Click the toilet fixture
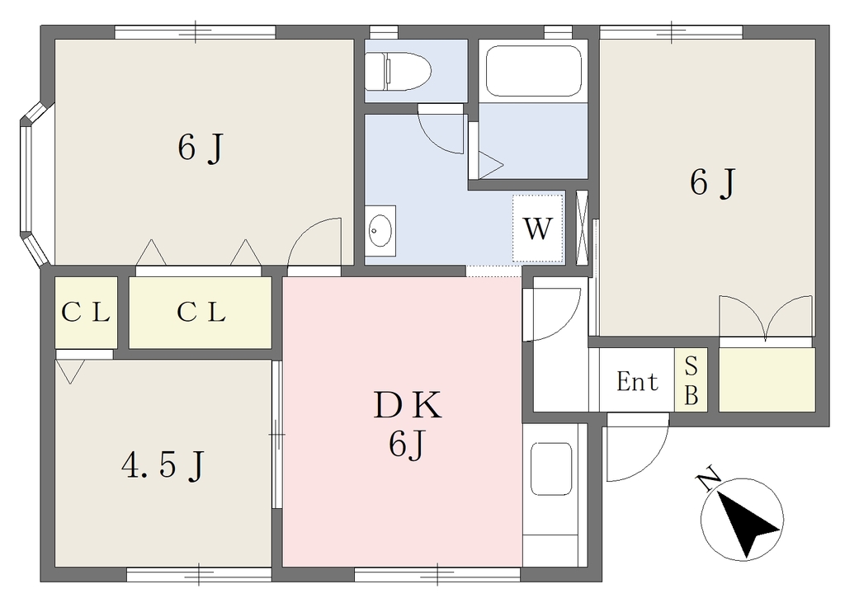[398, 71]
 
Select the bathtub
[534, 71]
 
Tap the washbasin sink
[380, 231]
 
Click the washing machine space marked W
[538, 228]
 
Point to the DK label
[408, 406]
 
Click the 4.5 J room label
[163, 465]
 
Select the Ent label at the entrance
[637, 382]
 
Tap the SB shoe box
[691, 380]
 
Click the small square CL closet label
[86, 312]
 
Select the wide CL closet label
[201, 312]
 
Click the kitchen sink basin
[550, 469]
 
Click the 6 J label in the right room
[712, 182]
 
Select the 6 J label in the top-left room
[201, 148]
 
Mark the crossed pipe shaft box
[583, 228]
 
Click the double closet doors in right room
[766, 317]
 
